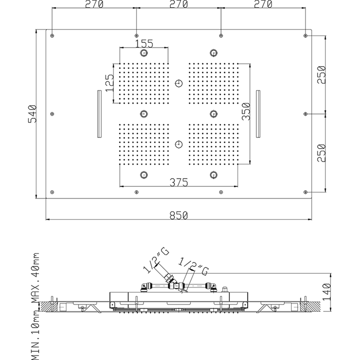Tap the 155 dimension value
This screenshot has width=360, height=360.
(x=145, y=43)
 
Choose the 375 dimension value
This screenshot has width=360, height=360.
(x=179, y=182)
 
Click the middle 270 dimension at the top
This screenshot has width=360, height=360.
(x=178, y=5)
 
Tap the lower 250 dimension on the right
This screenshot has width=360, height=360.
(x=321, y=153)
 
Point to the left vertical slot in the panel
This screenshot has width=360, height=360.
(x=98, y=114)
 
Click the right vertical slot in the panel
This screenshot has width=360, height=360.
(x=259, y=114)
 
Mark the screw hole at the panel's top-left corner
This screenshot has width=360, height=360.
(x=52, y=35)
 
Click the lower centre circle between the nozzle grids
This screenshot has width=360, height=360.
(x=178, y=144)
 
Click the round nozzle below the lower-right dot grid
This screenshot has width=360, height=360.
(x=213, y=174)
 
